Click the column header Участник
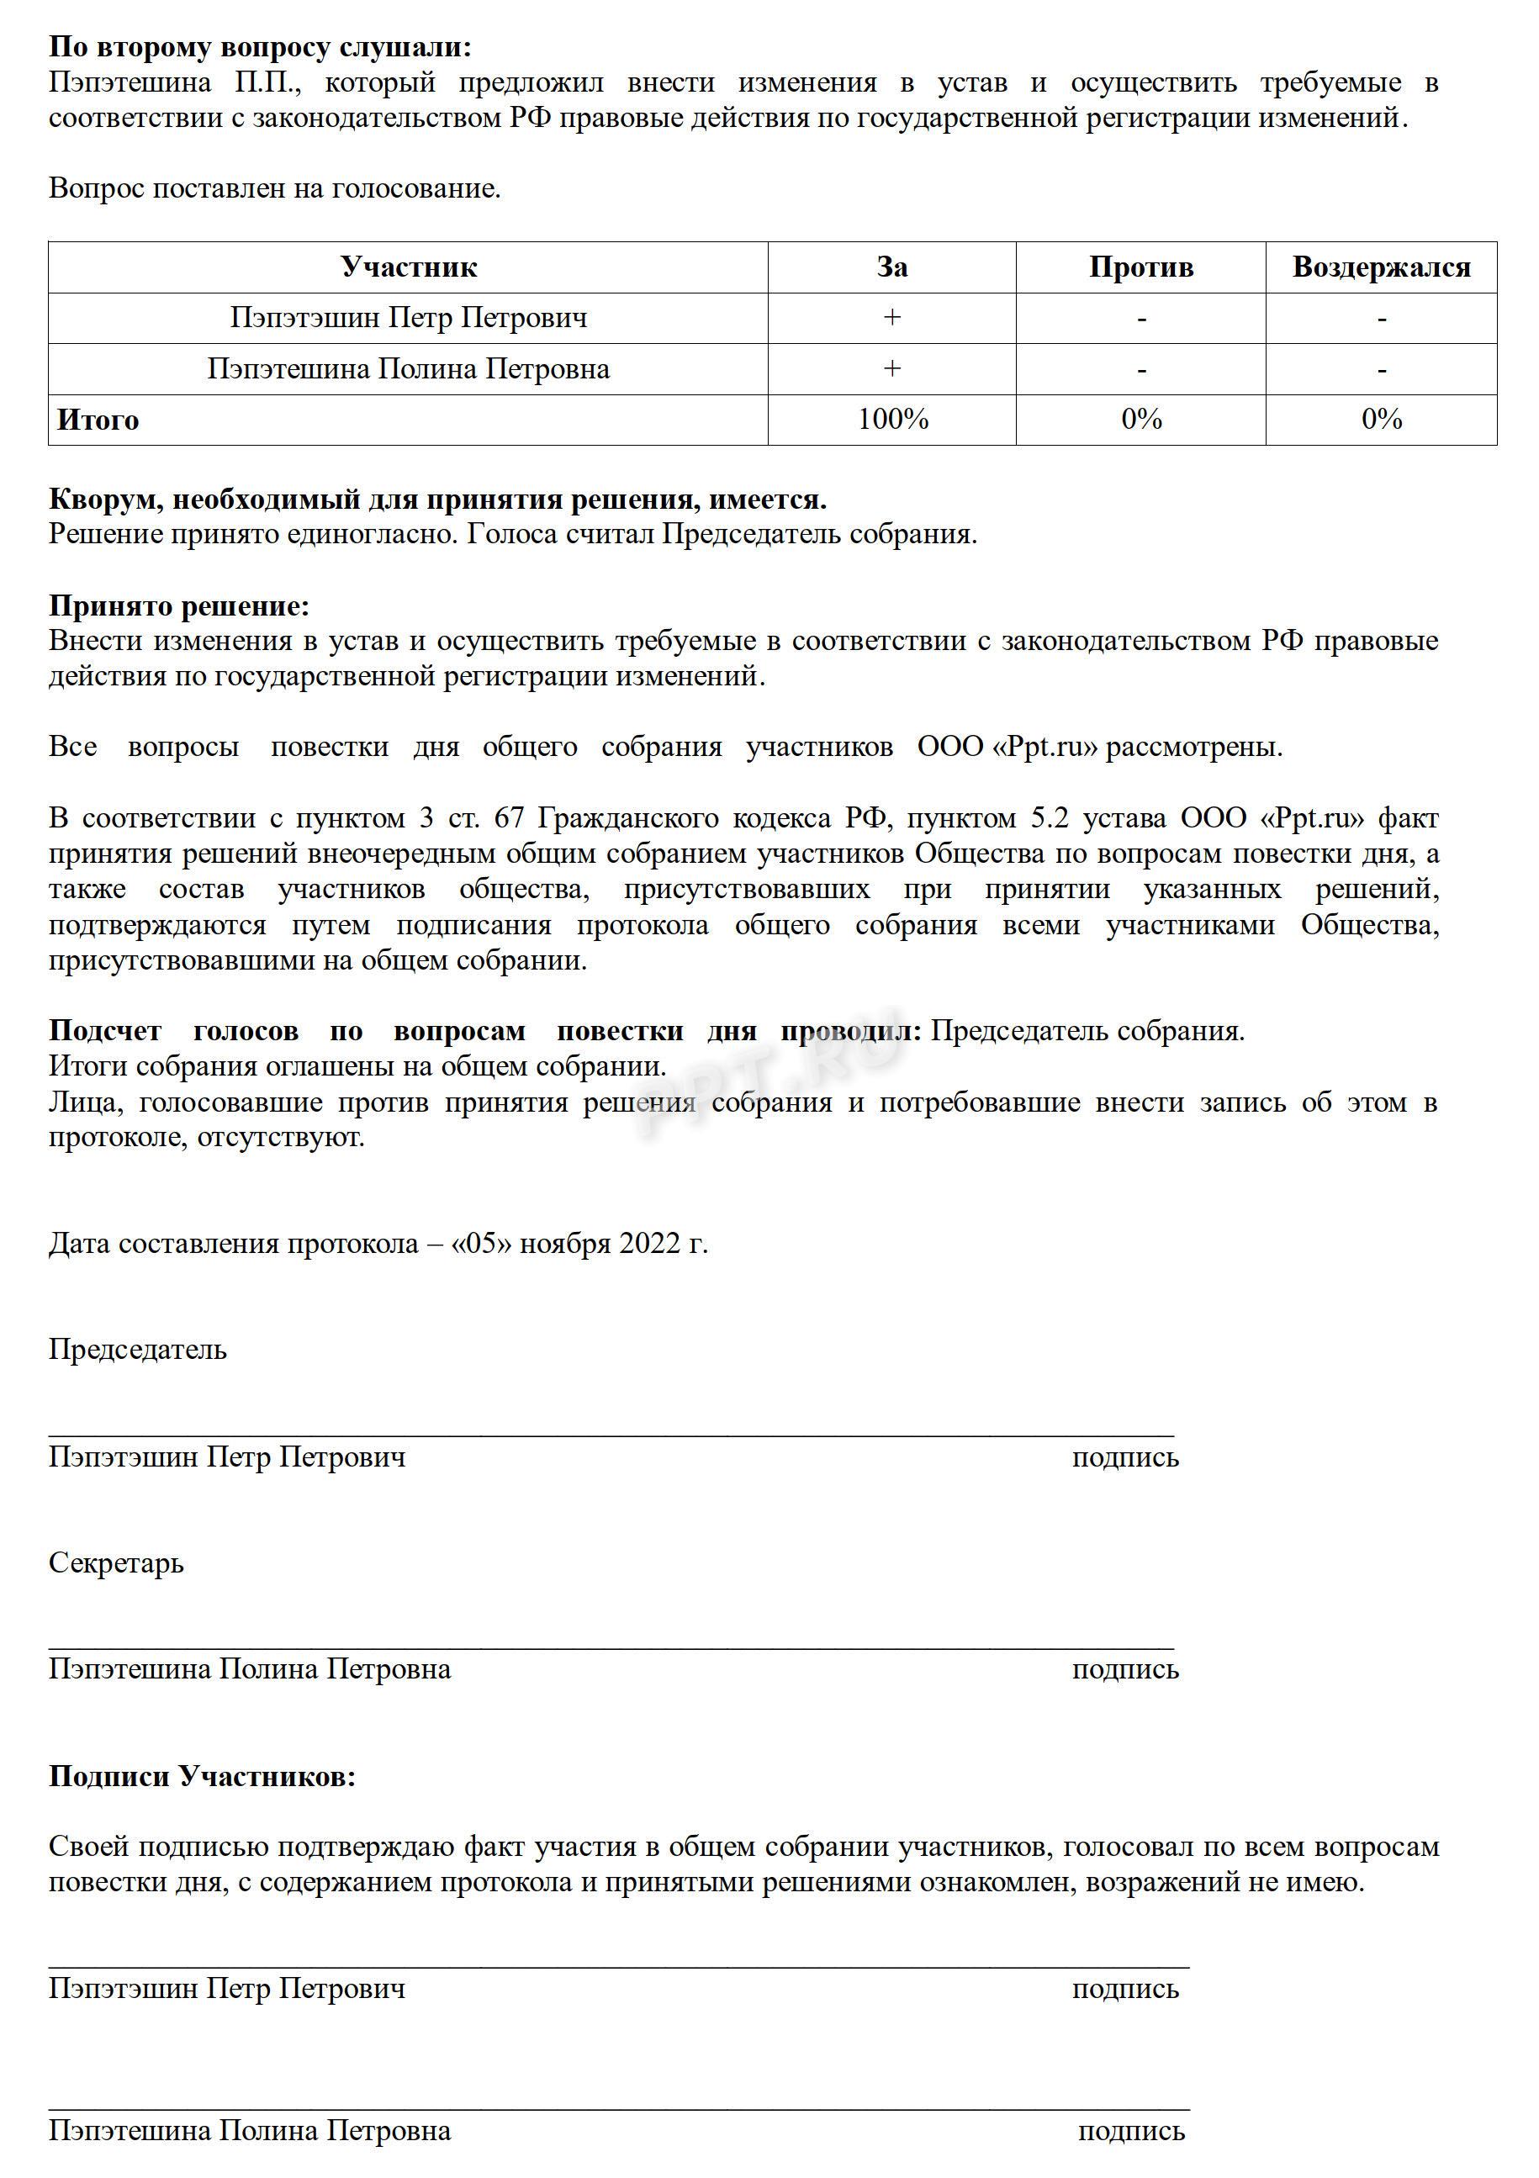408,267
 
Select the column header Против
1140,267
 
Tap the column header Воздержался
1381,267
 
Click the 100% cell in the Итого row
892,420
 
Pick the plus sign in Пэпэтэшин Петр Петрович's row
892,318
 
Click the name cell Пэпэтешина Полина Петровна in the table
408,369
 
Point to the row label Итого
98,420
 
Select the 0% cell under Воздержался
1381,420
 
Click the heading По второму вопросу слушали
259,47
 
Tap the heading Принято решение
178,605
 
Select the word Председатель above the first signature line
138,1349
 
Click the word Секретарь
116,1562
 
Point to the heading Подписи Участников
201,1777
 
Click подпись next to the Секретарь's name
1125,1668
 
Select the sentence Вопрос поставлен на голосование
274,188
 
